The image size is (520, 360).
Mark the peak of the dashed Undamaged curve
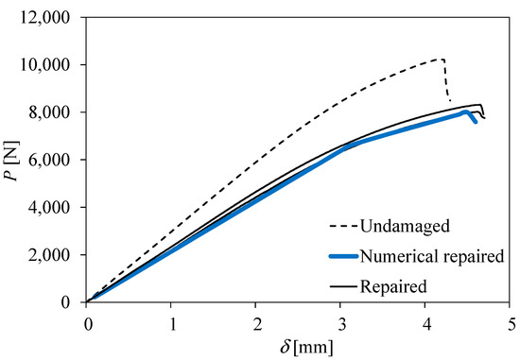click(442, 59)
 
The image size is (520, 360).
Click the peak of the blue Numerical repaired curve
click(465, 111)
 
